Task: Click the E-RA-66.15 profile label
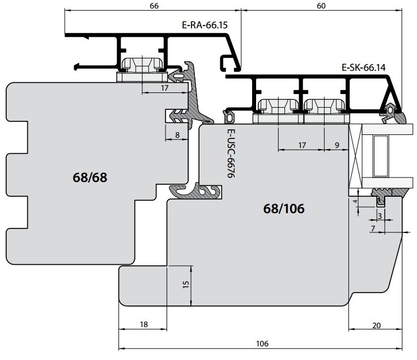tap(205, 25)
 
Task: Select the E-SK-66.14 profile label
tap(363, 67)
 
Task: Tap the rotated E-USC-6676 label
tap(231, 153)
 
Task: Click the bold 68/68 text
tap(90, 177)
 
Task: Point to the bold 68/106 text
tap(284, 209)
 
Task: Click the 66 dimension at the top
tap(154, 6)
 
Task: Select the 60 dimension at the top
tap(321, 6)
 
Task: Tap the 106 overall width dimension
tap(262, 344)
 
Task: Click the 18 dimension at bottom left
tap(143, 324)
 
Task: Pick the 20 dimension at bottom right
tap(376, 325)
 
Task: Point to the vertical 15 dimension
tap(186, 284)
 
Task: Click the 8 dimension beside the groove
tap(177, 135)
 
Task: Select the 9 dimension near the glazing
tap(337, 145)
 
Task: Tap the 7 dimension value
tap(373, 228)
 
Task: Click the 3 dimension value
tap(380, 216)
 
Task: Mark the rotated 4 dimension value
tap(355, 201)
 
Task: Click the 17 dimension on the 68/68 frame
tap(165, 88)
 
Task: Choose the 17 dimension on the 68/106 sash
tap(302, 145)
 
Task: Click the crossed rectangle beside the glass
tap(355, 156)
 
